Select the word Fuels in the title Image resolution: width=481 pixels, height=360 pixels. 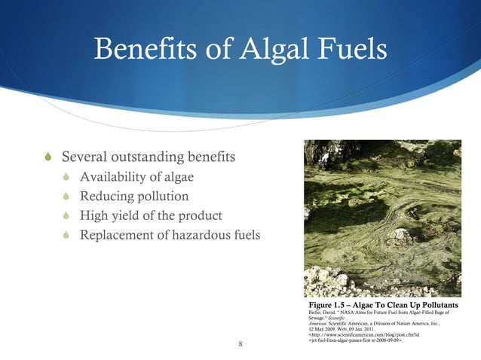click(349, 52)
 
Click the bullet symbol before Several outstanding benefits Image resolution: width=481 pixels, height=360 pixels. click(50, 158)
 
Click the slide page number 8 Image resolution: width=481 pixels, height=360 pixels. click(240, 345)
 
